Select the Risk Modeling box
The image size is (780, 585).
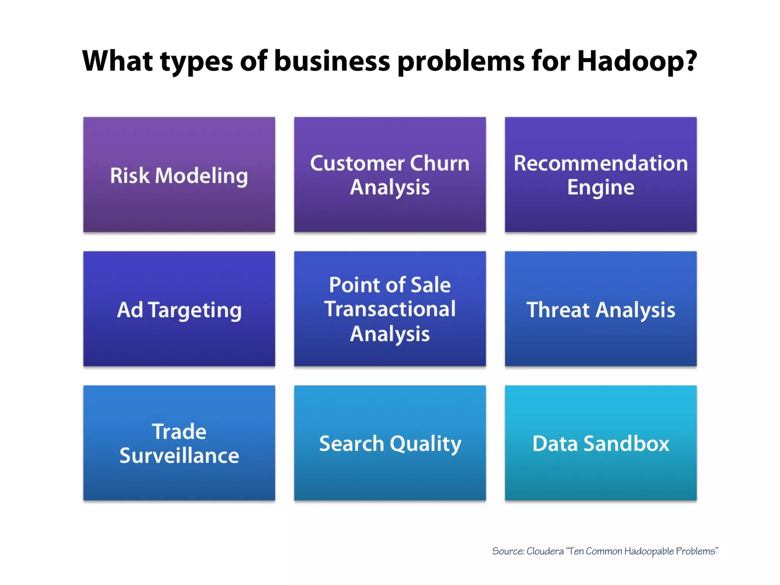pos(179,174)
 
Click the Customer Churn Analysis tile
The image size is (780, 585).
pos(390,174)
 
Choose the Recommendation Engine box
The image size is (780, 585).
pos(601,174)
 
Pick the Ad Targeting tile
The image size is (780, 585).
pos(179,309)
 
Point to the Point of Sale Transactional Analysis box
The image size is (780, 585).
pos(390,309)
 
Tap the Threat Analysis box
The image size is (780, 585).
pos(601,309)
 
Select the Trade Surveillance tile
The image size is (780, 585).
pos(179,443)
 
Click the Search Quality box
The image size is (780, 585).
pos(390,443)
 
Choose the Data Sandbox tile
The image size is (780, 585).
pos(601,443)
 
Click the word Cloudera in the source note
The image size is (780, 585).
pos(545,551)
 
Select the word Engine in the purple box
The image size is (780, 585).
pos(601,187)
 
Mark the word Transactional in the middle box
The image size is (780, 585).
pos(390,309)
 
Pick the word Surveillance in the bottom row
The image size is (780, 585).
pos(179,456)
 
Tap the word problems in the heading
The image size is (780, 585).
pos(461,62)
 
